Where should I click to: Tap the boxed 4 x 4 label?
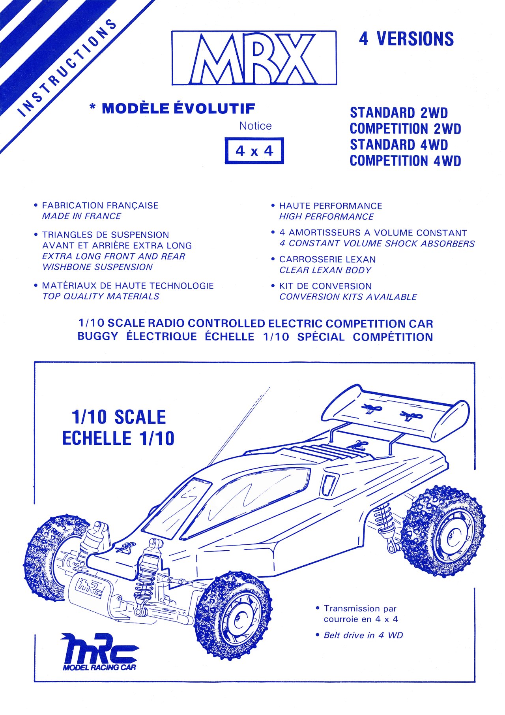(254, 151)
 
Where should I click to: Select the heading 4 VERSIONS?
(406, 39)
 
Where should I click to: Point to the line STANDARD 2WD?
(399, 113)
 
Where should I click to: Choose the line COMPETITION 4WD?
(405, 161)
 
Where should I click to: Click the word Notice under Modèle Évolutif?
(255, 126)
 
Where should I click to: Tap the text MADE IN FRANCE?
(82, 216)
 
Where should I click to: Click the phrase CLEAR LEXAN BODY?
(325, 270)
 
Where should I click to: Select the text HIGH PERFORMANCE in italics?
(326, 216)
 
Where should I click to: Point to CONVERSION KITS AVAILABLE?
(348, 297)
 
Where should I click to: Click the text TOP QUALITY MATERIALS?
(101, 296)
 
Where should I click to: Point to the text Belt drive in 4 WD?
(363, 635)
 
